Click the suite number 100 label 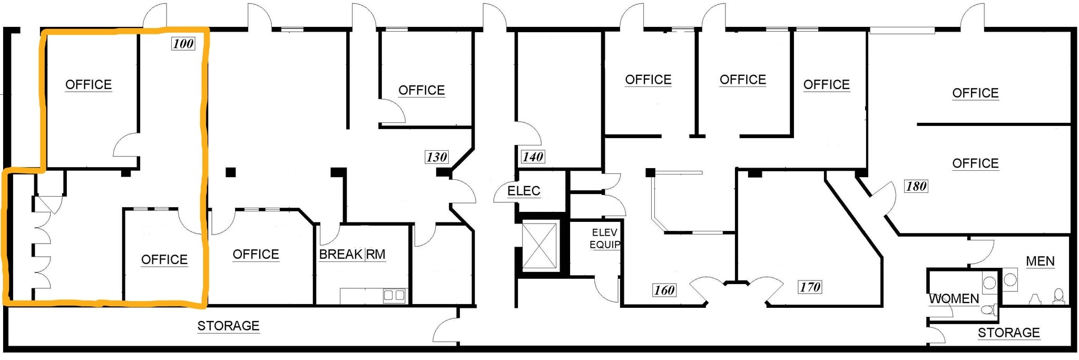coord(183,43)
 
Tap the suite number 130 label coord(436,157)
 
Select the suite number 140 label coord(533,157)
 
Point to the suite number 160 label coord(664,290)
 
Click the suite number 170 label coord(810,287)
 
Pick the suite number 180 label coord(916,186)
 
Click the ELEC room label coord(524,191)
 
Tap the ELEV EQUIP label coord(605,238)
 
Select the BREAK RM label coord(352,255)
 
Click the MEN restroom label coord(1040,261)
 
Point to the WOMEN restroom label coord(954,299)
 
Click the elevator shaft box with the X coord(539,246)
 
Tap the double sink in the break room coord(394,295)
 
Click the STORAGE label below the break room coord(228,326)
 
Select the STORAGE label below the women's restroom coord(1009,333)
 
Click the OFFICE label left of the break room coord(256,255)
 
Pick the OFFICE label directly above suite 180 coord(975,163)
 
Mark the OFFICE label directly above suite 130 coord(421,91)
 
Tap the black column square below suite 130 coord(443,172)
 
